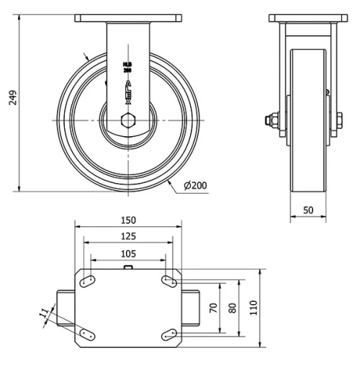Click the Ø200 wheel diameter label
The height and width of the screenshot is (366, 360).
coord(196,186)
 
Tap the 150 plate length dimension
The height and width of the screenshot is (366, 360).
coord(127,220)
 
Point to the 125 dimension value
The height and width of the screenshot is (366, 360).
coord(127,236)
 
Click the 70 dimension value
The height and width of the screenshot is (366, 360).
coord(212,308)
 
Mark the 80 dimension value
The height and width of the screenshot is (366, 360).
coord(231,308)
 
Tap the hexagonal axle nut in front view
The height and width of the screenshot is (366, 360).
coord(127,120)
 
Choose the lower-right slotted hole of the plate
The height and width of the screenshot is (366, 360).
coord(169,333)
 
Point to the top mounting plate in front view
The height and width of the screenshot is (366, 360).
coord(127,17)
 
